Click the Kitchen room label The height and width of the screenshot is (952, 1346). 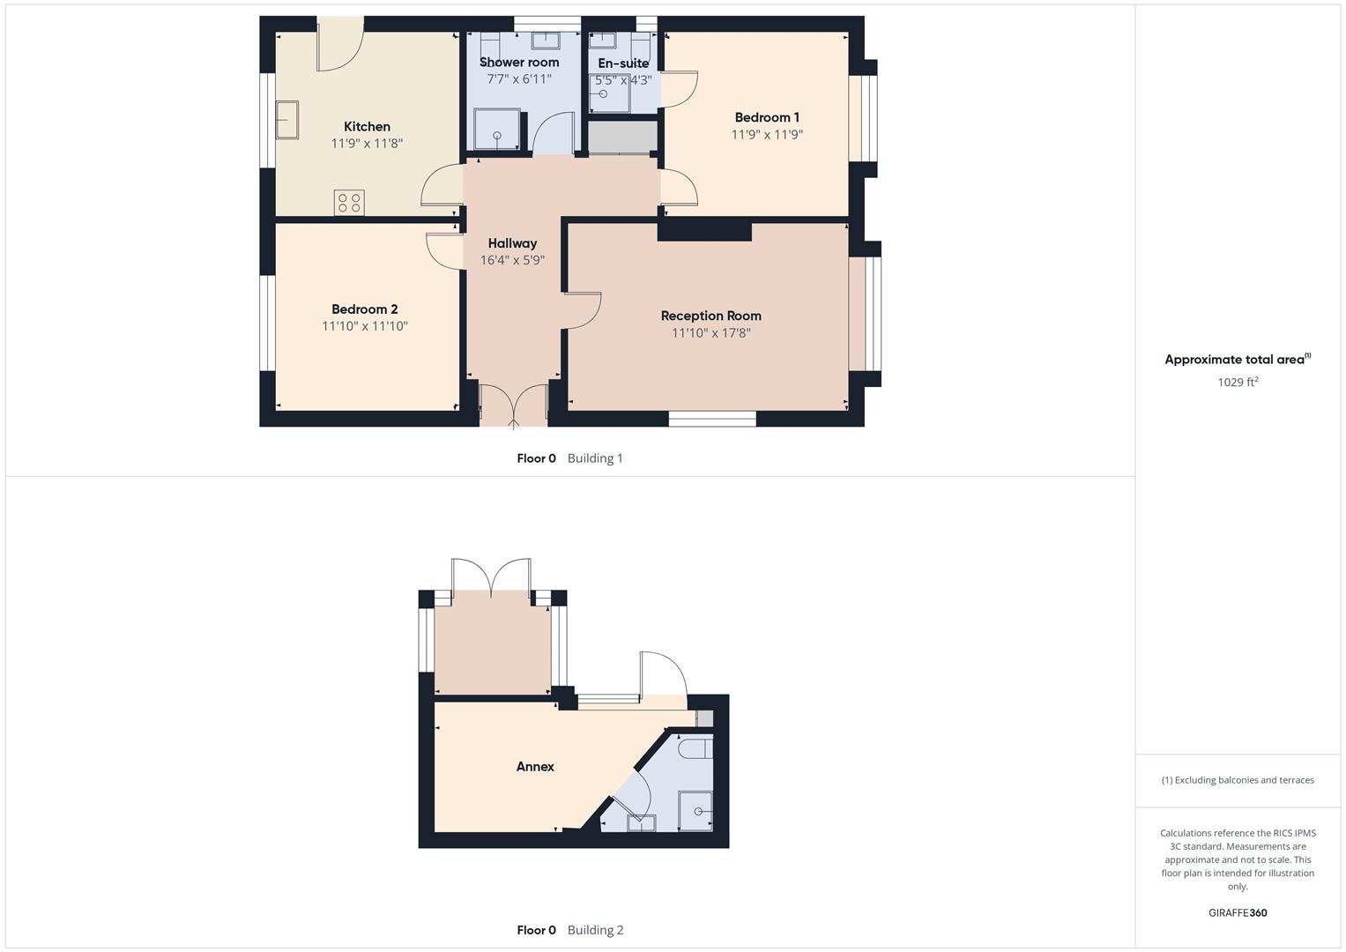(x=367, y=127)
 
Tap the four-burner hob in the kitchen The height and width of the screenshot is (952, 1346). (x=349, y=203)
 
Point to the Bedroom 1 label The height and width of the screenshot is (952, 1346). (x=767, y=117)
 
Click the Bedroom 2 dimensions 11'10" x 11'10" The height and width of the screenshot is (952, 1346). (x=364, y=326)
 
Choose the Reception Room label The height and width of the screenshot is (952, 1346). (x=710, y=316)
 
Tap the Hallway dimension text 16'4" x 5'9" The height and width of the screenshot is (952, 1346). (x=512, y=260)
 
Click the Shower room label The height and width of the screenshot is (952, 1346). (x=519, y=63)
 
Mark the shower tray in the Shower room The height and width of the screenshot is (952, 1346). (x=496, y=130)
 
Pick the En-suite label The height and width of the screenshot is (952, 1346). (x=623, y=63)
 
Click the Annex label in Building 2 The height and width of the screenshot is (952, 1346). (x=535, y=767)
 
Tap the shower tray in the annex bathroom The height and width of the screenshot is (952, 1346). (x=695, y=810)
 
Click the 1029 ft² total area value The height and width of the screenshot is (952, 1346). (x=1237, y=383)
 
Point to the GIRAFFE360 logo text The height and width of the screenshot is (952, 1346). (x=1237, y=913)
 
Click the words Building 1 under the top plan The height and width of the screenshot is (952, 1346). (x=595, y=458)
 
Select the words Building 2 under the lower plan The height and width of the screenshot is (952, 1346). (x=595, y=930)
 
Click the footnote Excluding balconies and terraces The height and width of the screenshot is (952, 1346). (x=1237, y=780)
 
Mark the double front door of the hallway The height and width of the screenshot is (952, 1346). (x=513, y=405)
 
